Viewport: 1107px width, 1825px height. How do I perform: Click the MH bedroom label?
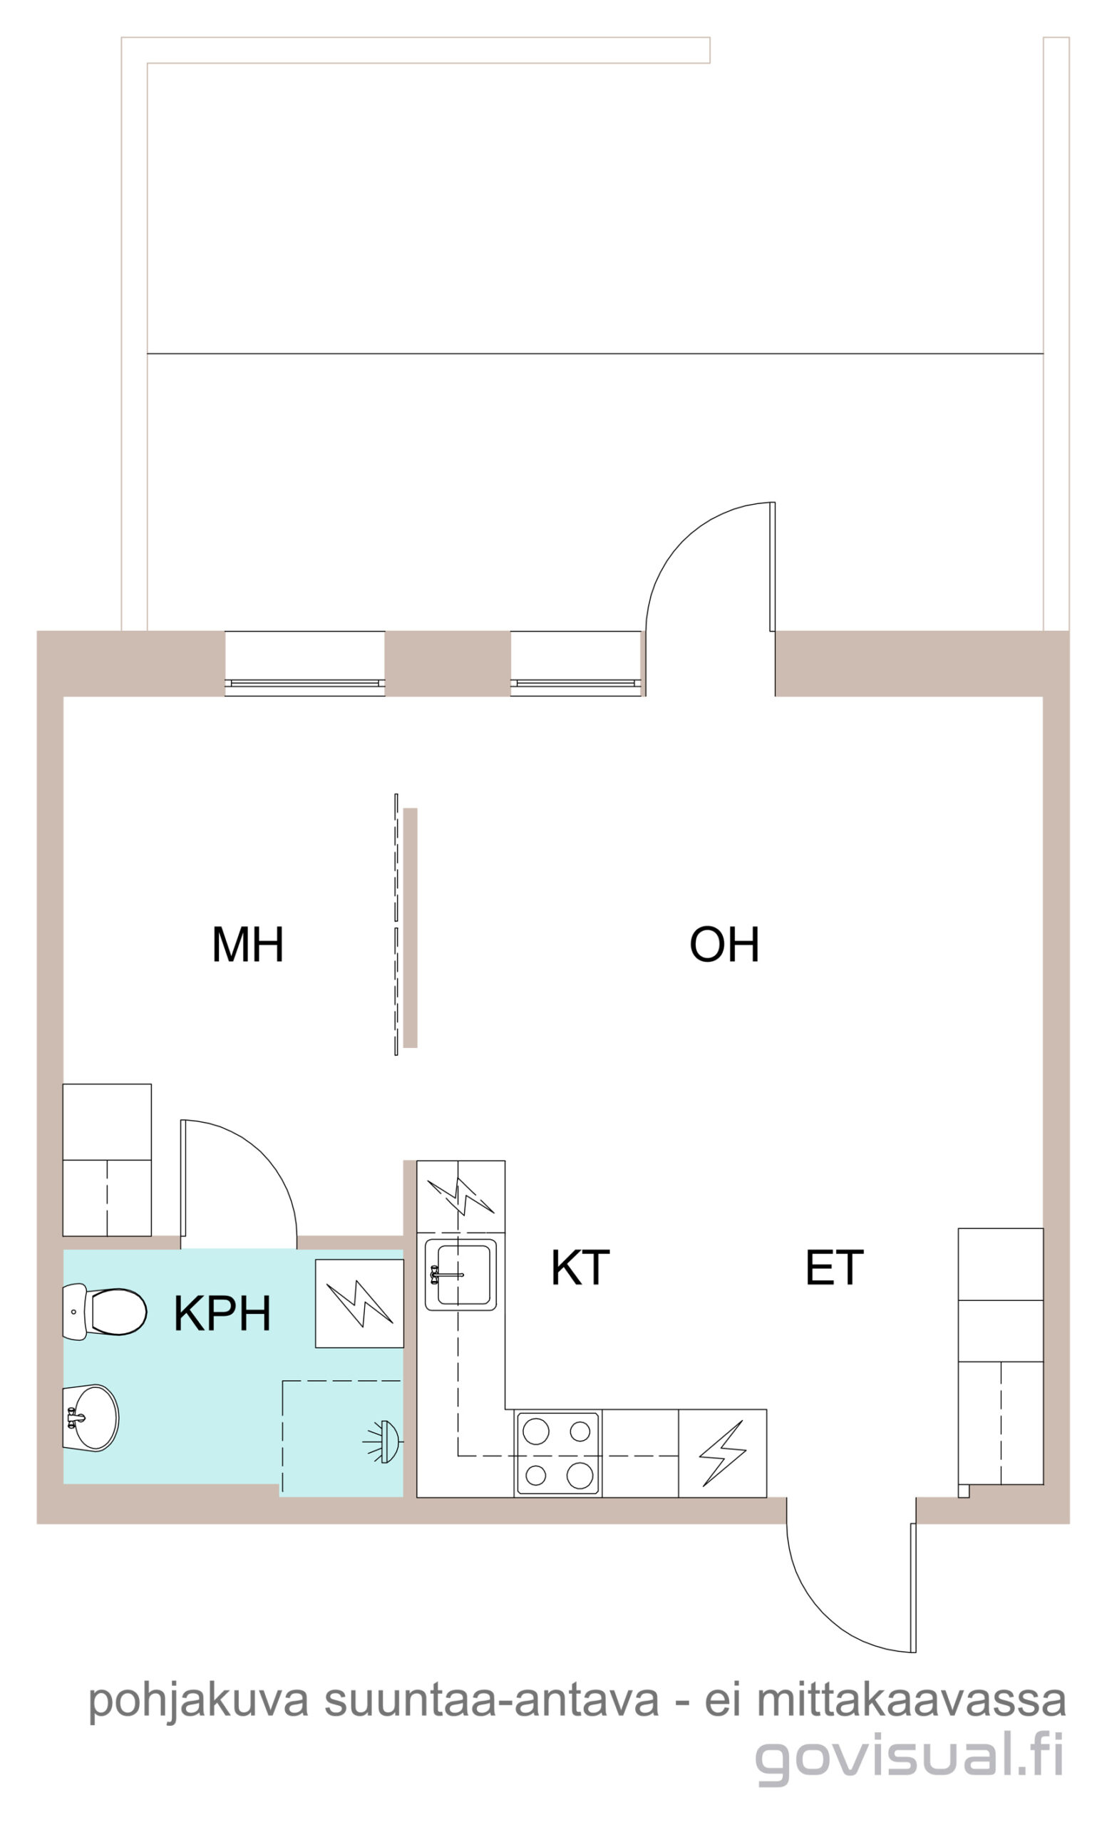247,944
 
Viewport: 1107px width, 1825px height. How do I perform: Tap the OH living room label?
724,944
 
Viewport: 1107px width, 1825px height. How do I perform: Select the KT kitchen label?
580,1268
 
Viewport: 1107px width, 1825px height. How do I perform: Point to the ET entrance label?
834,1268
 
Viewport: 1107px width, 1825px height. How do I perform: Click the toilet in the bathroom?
104,1312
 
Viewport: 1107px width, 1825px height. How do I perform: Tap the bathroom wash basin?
91,1418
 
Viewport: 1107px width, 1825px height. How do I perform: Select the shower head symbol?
382,1441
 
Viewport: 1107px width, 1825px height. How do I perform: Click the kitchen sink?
460,1275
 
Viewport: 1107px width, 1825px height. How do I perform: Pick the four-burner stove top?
557,1452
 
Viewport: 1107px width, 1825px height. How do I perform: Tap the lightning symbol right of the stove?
722,1453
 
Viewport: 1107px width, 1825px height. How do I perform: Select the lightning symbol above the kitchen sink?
460,1197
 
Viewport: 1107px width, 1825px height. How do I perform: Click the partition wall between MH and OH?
410,927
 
